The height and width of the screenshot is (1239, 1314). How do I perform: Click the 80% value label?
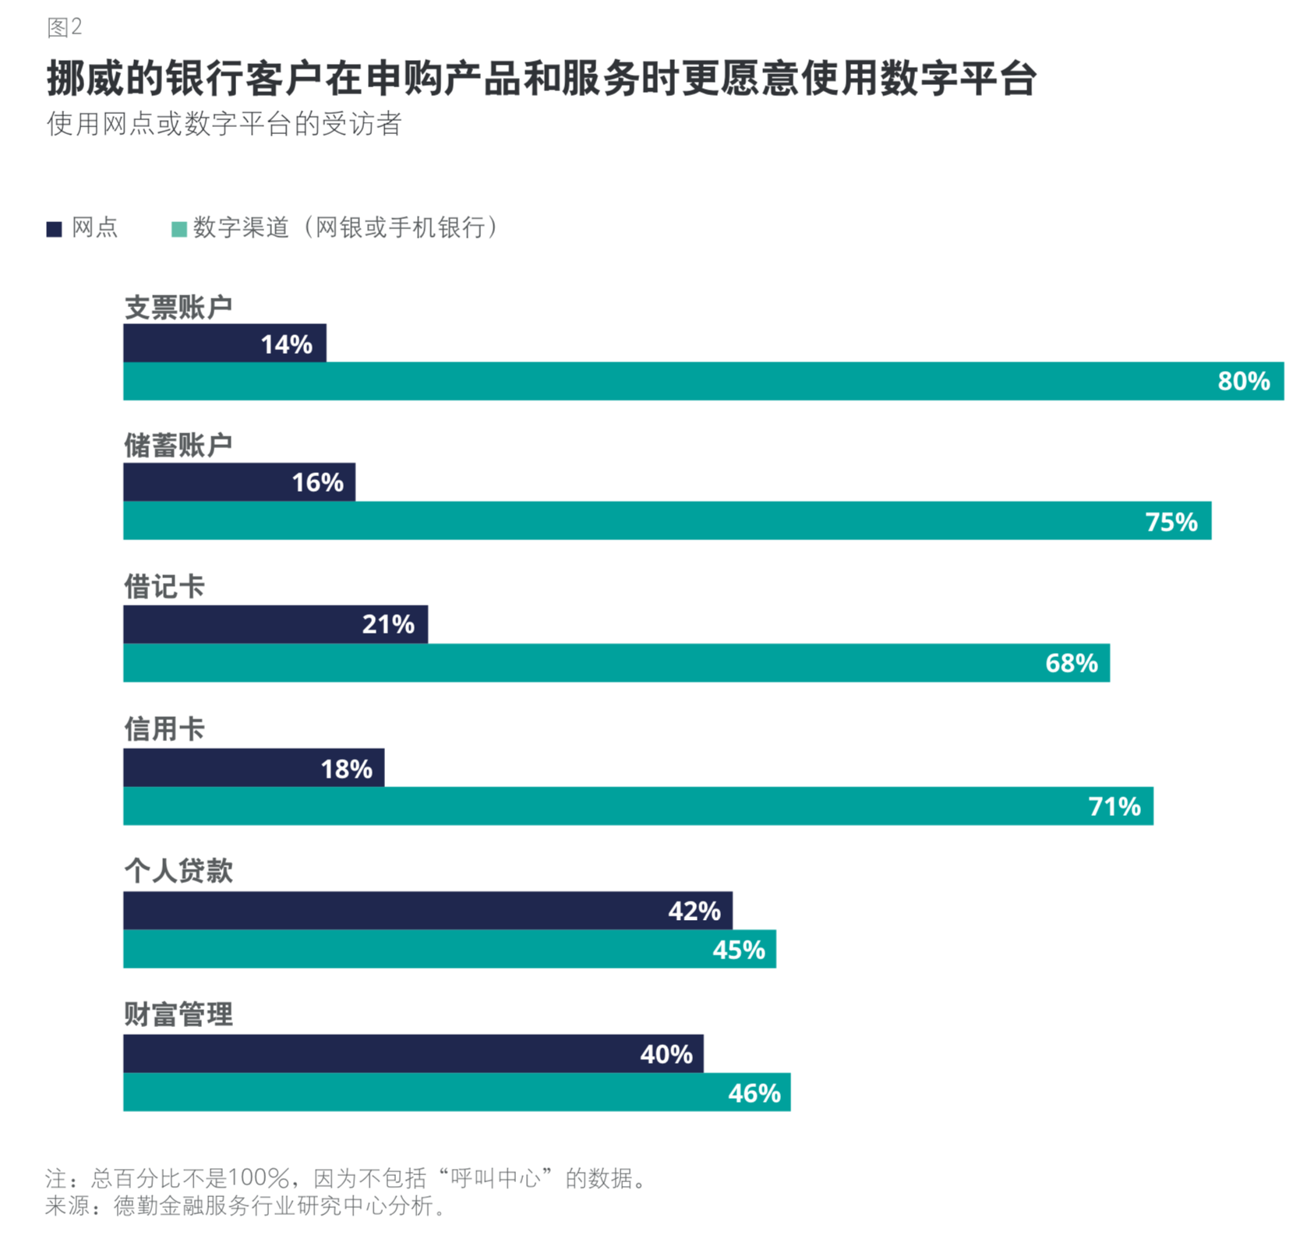1243,381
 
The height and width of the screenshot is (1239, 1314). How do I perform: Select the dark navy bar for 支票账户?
224,343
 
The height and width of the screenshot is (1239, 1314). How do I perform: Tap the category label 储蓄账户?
178,445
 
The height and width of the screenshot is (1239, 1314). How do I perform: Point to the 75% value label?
1171,521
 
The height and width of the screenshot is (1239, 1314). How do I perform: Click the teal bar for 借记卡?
616,663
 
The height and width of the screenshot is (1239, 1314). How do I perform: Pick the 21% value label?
388,624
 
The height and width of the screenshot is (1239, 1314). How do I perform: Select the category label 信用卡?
164,729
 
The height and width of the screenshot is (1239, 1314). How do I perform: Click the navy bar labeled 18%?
253,768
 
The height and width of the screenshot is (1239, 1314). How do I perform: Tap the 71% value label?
1114,806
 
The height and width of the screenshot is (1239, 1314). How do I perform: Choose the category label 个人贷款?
178,870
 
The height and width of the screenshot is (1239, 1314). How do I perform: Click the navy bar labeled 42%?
427,910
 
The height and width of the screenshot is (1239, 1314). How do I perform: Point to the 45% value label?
739,949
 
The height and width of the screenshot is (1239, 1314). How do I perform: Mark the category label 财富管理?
178,1015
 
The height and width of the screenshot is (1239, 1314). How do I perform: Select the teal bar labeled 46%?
456,1093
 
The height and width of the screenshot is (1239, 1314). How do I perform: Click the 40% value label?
666,1054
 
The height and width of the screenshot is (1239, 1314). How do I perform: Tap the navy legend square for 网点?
54,229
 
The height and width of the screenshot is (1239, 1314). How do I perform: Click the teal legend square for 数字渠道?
178,229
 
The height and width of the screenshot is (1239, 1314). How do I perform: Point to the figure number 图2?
64,28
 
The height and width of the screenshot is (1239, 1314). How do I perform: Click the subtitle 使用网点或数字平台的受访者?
224,124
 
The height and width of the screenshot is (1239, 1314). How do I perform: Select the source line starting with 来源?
246,1205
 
